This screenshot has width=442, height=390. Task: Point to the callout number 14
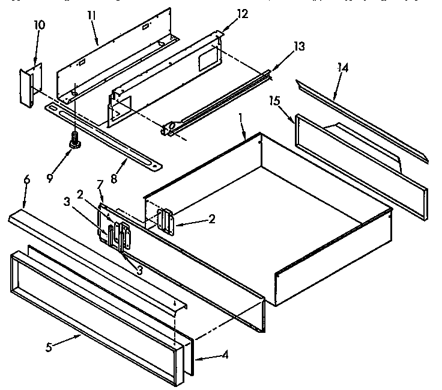[x=342, y=67]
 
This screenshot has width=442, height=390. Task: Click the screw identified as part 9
[x=75, y=143]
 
